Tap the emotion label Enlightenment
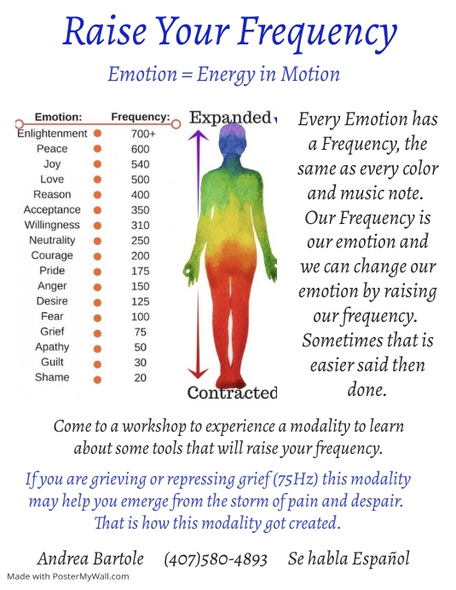52,134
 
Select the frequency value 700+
142,134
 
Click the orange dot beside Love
98,180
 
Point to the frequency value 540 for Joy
140,164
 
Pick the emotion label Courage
52,255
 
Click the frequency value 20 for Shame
140,378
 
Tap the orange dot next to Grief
98,332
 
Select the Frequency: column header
141,117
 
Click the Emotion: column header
58,117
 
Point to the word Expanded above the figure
229,118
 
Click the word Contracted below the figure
232,393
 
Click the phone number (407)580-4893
216,559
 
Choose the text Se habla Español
349,559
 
